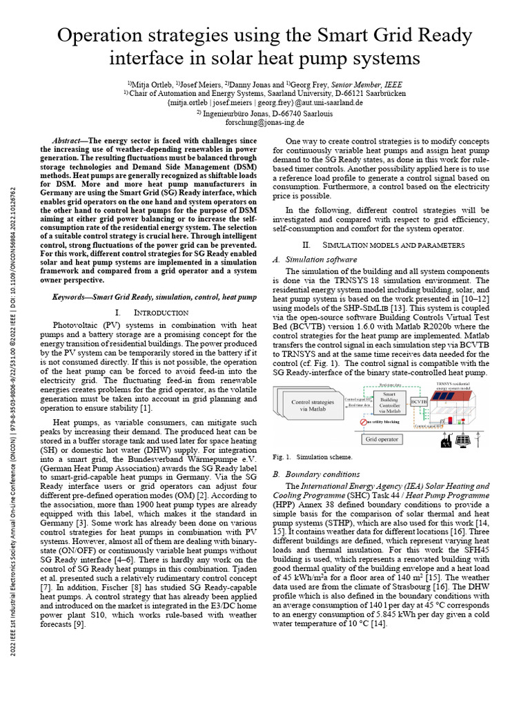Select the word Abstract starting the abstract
pyautogui.click(x=70, y=141)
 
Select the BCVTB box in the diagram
pyautogui.click(x=418, y=400)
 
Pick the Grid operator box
pyautogui.click(x=382, y=438)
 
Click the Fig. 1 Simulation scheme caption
pyautogui.click(x=313, y=457)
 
